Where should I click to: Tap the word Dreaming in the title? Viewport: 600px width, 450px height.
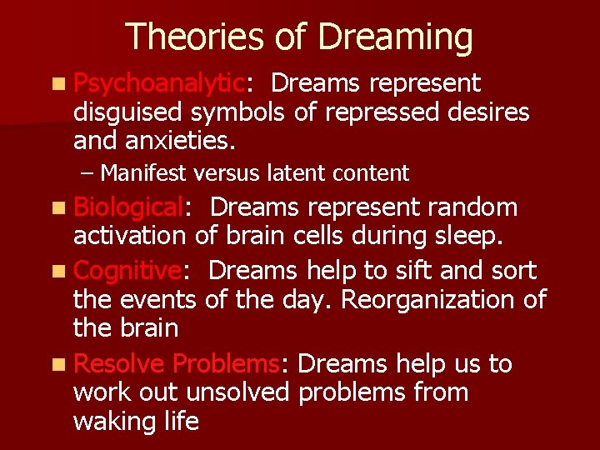395,38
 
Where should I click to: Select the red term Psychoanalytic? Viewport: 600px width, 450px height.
159,83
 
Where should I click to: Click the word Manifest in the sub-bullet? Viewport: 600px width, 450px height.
142,173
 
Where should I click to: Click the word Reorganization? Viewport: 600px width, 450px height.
438,299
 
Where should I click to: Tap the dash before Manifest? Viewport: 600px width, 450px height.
88,173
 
